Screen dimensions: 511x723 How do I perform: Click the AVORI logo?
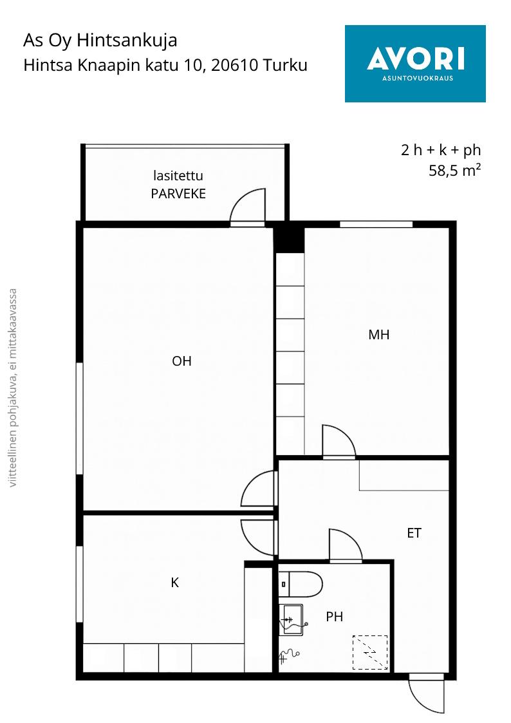pyautogui.click(x=415, y=64)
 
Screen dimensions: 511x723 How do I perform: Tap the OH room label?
pyautogui.click(x=181, y=361)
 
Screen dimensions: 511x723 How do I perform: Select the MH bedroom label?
pyautogui.click(x=379, y=334)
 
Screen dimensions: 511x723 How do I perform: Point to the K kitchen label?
pyautogui.click(x=174, y=583)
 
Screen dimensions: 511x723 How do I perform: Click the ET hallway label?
pyautogui.click(x=414, y=533)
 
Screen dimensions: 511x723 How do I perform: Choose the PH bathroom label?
pyautogui.click(x=335, y=617)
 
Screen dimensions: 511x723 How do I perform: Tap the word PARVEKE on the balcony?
pyautogui.click(x=178, y=194)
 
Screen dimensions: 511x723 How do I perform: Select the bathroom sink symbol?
pyautogui.click(x=291, y=619)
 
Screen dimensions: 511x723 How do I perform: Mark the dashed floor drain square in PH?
pyautogui.click(x=370, y=652)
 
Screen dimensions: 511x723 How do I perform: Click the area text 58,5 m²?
pyautogui.click(x=455, y=170)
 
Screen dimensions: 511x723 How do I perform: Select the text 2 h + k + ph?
pyautogui.click(x=441, y=150)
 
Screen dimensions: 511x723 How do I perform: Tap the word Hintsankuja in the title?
pyautogui.click(x=127, y=41)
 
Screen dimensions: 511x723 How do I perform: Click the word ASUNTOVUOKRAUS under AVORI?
pyautogui.click(x=418, y=78)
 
